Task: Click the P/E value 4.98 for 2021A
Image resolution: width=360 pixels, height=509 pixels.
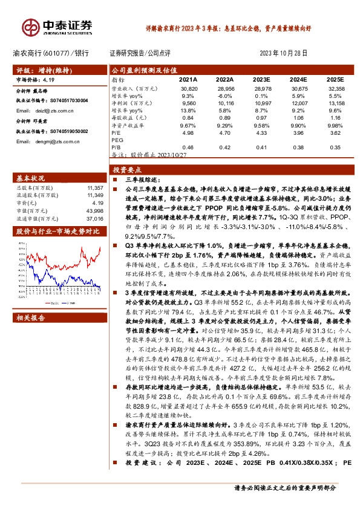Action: [x=188, y=132]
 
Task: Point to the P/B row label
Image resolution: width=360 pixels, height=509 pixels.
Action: [x=116, y=147]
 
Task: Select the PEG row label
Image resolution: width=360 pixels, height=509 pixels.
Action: [x=117, y=140]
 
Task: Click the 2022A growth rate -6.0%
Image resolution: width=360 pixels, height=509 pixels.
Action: [x=224, y=96]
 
